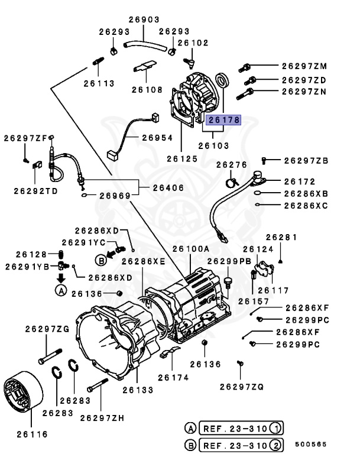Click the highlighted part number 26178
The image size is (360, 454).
[223, 120]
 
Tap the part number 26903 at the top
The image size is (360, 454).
[144, 20]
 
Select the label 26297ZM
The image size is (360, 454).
[304, 66]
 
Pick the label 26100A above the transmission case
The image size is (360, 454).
[191, 249]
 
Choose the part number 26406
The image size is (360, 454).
[168, 188]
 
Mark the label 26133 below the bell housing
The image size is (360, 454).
[138, 390]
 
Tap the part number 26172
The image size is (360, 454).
[299, 181]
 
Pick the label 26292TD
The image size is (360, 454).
[36, 191]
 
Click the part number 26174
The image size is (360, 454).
[171, 377]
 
